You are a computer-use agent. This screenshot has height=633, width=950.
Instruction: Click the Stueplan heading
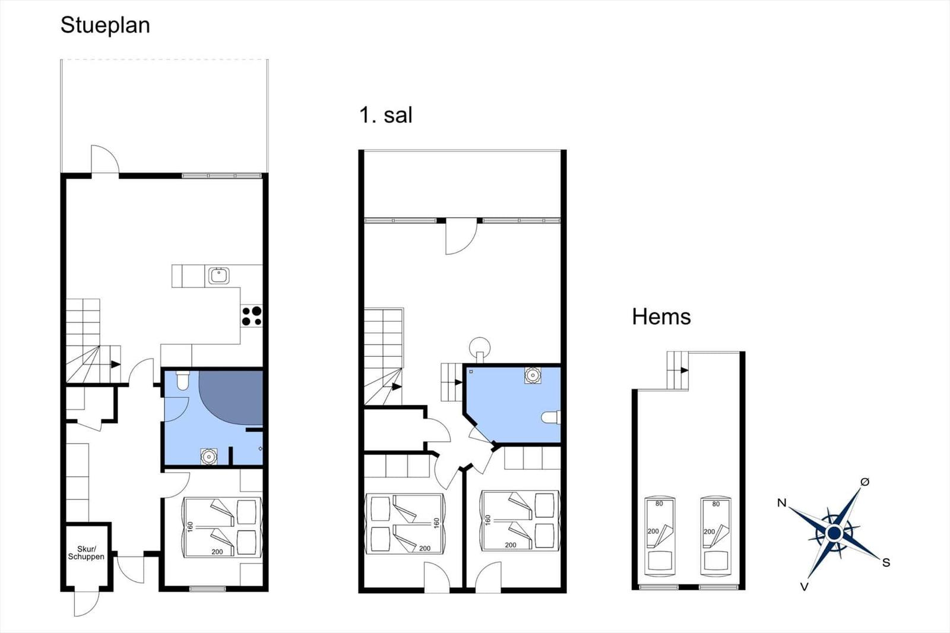coord(105,26)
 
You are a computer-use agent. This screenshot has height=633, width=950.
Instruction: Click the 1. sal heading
coord(385,115)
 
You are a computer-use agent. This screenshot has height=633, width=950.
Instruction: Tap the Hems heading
coord(661,316)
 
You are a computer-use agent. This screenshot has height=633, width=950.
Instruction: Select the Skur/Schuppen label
coord(86,553)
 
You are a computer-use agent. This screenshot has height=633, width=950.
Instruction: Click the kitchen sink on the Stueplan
coord(219,276)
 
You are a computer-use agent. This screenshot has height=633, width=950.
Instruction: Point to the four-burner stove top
coord(252,316)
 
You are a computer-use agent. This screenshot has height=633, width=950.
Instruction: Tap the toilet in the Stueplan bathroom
coord(183,380)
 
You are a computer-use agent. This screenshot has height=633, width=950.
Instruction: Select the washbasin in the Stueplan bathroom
coord(208,457)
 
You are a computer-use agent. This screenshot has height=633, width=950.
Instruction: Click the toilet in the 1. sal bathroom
coord(551,417)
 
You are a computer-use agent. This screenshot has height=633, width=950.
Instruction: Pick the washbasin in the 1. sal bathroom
coord(532,375)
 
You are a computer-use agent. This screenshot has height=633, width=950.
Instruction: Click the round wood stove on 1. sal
coord(480,348)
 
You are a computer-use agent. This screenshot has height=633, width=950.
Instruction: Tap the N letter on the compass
coord(781,503)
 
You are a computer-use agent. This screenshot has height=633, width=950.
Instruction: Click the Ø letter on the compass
coord(864,482)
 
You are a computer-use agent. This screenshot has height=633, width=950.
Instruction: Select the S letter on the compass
coord(886,562)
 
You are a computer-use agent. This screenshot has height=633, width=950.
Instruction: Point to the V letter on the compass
coord(804,587)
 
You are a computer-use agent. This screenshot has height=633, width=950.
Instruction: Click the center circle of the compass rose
coord(834,533)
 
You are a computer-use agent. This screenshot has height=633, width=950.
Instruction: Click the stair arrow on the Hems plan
coord(684,371)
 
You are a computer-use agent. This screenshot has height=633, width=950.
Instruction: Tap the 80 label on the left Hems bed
coord(659,504)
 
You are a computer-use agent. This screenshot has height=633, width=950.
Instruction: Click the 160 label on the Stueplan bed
coord(190,527)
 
